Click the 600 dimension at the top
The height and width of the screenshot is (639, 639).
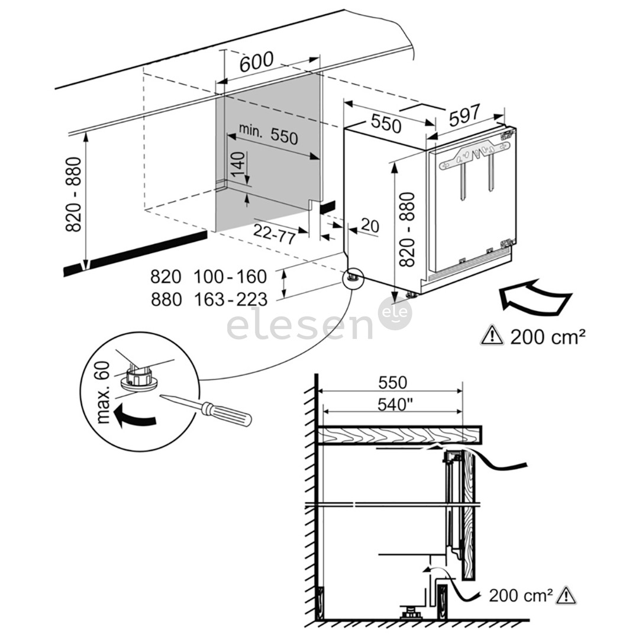(x=257, y=61)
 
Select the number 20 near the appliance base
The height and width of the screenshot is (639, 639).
(x=370, y=225)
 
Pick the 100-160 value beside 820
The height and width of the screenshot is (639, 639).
(x=230, y=276)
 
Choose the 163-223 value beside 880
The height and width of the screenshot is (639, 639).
(x=230, y=300)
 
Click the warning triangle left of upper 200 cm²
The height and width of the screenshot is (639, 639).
(x=492, y=336)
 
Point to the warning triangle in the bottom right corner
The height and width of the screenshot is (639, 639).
(x=566, y=595)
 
